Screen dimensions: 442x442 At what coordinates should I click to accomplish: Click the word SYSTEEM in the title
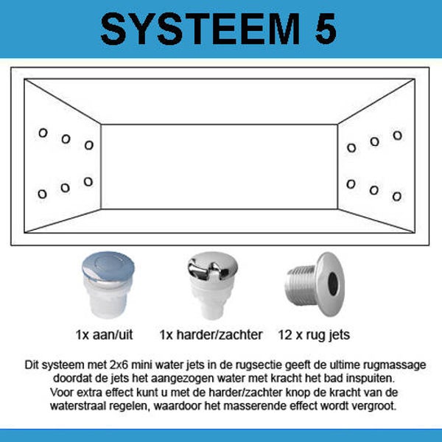click(200, 29)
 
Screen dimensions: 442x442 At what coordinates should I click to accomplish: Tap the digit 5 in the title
click(326, 29)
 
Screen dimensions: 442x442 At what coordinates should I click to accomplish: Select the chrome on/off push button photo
click(108, 284)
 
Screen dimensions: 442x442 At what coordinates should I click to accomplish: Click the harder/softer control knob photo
click(213, 285)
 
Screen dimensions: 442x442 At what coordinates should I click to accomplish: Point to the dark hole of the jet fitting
click(333, 284)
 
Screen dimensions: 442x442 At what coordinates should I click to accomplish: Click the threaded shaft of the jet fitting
click(301, 285)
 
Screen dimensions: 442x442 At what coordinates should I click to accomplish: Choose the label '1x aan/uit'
click(104, 335)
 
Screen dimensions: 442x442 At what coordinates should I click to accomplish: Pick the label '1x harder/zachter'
click(211, 335)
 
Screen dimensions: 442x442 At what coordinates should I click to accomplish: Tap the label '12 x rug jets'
click(314, 335)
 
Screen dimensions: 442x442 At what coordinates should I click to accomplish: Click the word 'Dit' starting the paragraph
click(31, 365)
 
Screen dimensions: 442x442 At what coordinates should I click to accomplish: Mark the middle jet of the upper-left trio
click(66, 139)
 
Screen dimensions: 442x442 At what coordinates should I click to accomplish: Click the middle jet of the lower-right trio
click(374, 190)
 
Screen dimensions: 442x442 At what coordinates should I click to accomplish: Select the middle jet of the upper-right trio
click(375, 141)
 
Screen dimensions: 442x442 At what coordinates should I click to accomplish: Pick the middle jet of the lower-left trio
click(65, 188)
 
